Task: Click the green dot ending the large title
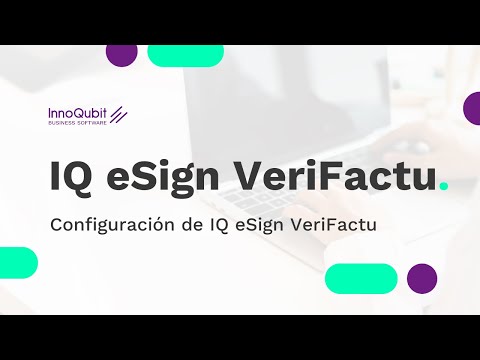tap(443, 186)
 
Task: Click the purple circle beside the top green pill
tap(121, 55)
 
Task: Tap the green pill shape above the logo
tap(185, 55)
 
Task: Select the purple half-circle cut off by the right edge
tap(472, 107)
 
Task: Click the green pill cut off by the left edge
tap(17, 262)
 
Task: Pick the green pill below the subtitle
tap(362, 278)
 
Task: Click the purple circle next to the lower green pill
tap(422, 278)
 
